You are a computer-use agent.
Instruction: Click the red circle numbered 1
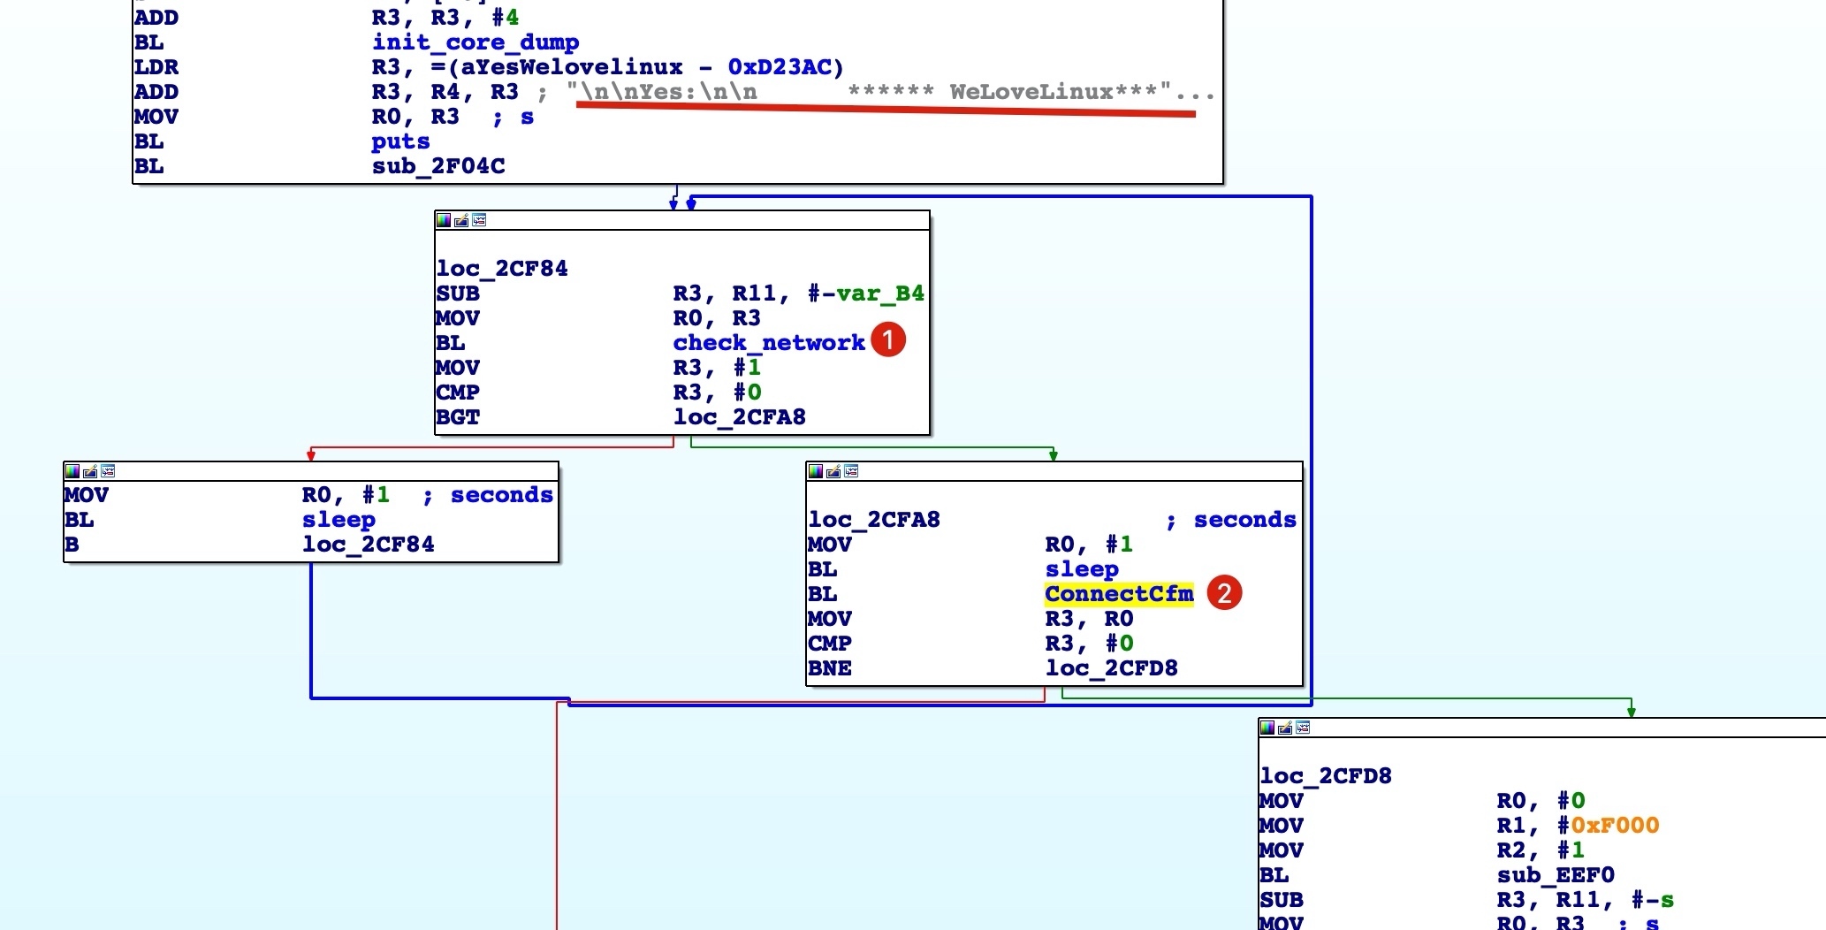coord(888,340)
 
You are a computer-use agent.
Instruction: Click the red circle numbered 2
coord(1224,592)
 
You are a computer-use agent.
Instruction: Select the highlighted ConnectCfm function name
coord(1119,594)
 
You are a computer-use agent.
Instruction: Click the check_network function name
coord(769,343)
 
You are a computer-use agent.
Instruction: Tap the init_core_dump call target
coord(476,42)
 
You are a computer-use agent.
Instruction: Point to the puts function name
coord(400,141)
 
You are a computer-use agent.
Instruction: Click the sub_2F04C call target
coord(438,166)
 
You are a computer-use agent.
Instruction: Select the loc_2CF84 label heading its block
coord(502,269)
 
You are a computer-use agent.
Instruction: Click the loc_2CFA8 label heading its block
coord(874,520)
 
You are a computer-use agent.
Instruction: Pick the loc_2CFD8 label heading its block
coord(1326,776)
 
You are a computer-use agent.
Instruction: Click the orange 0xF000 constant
coord(1615,826)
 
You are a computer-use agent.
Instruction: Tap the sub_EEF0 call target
coord(1556,875)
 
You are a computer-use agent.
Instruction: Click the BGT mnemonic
coord(458,417)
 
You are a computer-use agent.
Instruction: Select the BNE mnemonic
coord(830,668)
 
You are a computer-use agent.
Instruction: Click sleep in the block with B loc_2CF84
coord(339,520)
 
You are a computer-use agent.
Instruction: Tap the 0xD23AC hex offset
coord(780,67)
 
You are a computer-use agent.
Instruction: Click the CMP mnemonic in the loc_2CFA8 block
coord(830,644)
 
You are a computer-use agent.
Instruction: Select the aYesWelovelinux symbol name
coord(573,67)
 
